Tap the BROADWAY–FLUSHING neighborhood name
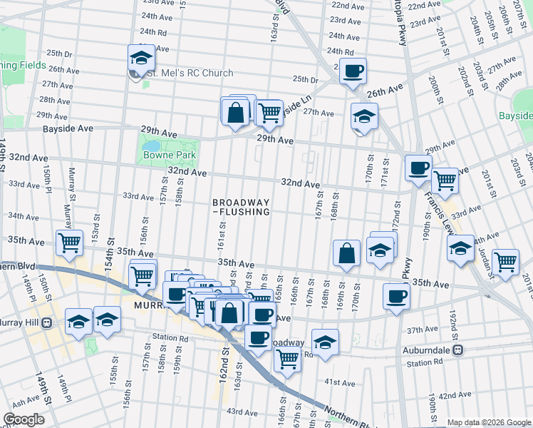pyautogui.click(x=242, y=207)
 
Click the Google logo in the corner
pyautogui.click(x=24, y=419)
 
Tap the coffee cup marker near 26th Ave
pyautogui.click(x=353, y=71)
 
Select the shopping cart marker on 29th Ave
pyautogui.click(x=269, y=111)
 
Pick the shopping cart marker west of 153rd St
pyautogui.click(x=69, y=243)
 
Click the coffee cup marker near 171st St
pyautogui.click(x=418, y=168)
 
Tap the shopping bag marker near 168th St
pyautogui.click(x=346, y=253)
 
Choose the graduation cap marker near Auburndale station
pyautogui.click(x=325, y=343)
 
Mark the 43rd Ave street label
pyautogui.click(x=241, y=412)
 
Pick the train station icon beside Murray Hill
pyautogui.click(x=46, y=322)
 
